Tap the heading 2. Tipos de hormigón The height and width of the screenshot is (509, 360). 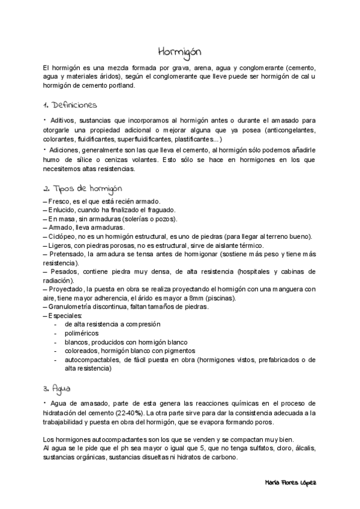click(83, 188)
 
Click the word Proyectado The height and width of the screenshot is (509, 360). click(67, 289)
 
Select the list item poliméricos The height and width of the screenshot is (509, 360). click(82, 333)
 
